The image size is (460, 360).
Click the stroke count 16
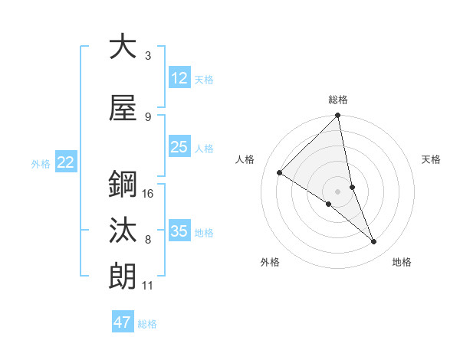coord(148,194)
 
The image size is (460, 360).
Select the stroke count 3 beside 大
coord(148,56)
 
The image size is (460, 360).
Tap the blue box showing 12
coord(179,78)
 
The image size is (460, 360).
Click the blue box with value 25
coord(179,147)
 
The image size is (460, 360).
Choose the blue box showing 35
coord(179,231)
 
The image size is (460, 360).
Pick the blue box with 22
coord(66,162)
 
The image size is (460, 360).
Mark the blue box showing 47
coord(123,322)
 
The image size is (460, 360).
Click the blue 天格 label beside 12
coord(204,80)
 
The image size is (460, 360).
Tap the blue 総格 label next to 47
coord(147,324)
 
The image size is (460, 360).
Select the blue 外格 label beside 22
coord(41,163)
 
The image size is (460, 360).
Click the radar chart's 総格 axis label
coord(338,100)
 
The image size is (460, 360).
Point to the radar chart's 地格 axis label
coord(402,262)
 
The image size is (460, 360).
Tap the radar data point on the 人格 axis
coord(280,172)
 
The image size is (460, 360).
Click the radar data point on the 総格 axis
coord(338,116)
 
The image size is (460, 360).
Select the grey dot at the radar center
coord(338,191)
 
